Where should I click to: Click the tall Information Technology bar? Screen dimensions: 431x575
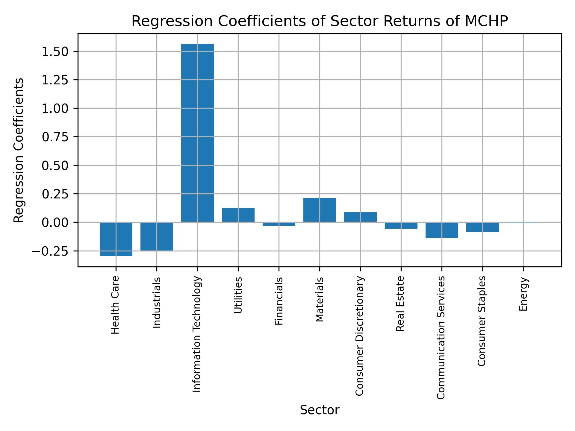[x=197, y=133]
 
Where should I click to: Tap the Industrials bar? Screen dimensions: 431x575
[x=157, y=236]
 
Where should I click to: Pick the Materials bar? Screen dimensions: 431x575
[x=320, y=210]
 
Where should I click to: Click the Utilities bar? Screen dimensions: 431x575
[x=238, y=215]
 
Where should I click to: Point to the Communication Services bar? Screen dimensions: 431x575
[x=442, y=230]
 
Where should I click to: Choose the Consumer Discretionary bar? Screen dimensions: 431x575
[x=360, y=217]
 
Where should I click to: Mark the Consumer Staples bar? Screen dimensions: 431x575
[x=482, y=227]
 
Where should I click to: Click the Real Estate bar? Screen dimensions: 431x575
[x=401, y=225]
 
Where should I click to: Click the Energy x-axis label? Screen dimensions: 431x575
[x=523, y=294]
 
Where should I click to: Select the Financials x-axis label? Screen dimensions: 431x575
[x=279, y=301]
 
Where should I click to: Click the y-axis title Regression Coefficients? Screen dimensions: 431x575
[x=19, y=150]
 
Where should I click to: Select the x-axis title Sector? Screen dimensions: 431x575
[x=320, y=410]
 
